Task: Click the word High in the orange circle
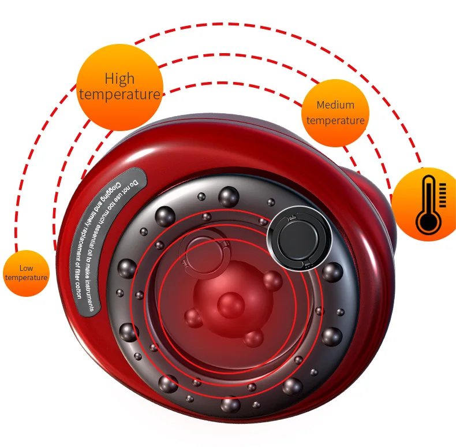click(119, 79)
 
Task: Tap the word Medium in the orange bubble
click(335, 106)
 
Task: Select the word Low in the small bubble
click(26, 268)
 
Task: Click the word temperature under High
click(119, 94)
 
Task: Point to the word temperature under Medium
click(335, 121)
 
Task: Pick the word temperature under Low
click(26, 278)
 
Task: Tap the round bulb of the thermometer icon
click(427, 221)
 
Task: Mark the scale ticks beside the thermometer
click(442, 195)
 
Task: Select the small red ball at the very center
click(230, 303)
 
